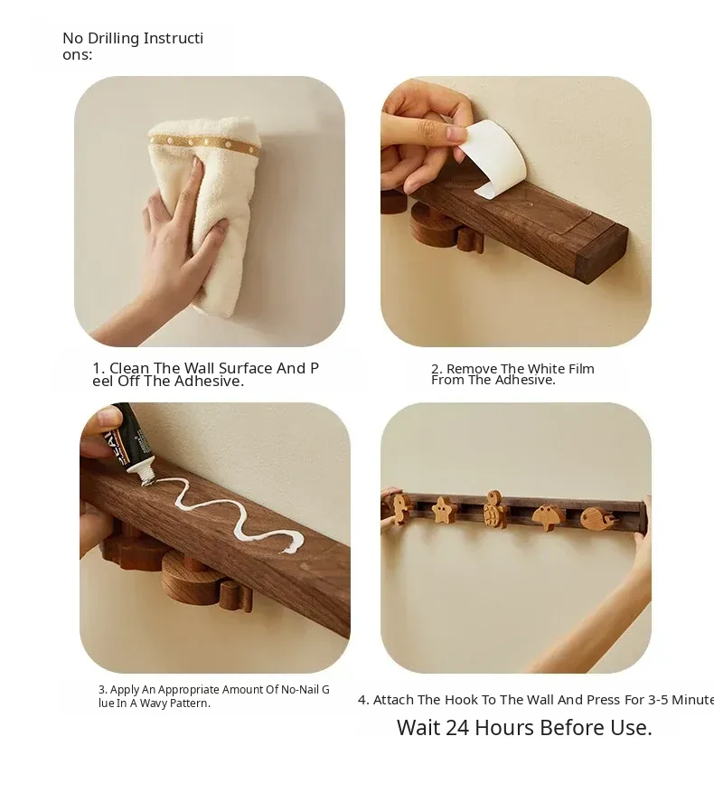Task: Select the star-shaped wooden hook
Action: pyautogui.click(x=443, y=510)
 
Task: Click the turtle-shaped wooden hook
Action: pyautogui.click(x=495, y=509)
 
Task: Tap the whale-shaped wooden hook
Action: pyautogui.click(x=597, y=518)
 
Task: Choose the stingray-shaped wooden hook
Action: pyautogui.click(x=549, y=517)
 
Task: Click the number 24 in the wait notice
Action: pyautogui.click(x=457, y=728)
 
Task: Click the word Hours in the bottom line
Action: pyautogui.click(x=504, y=728)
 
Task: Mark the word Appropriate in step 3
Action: pyautogui.click(x=188, y=690)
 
